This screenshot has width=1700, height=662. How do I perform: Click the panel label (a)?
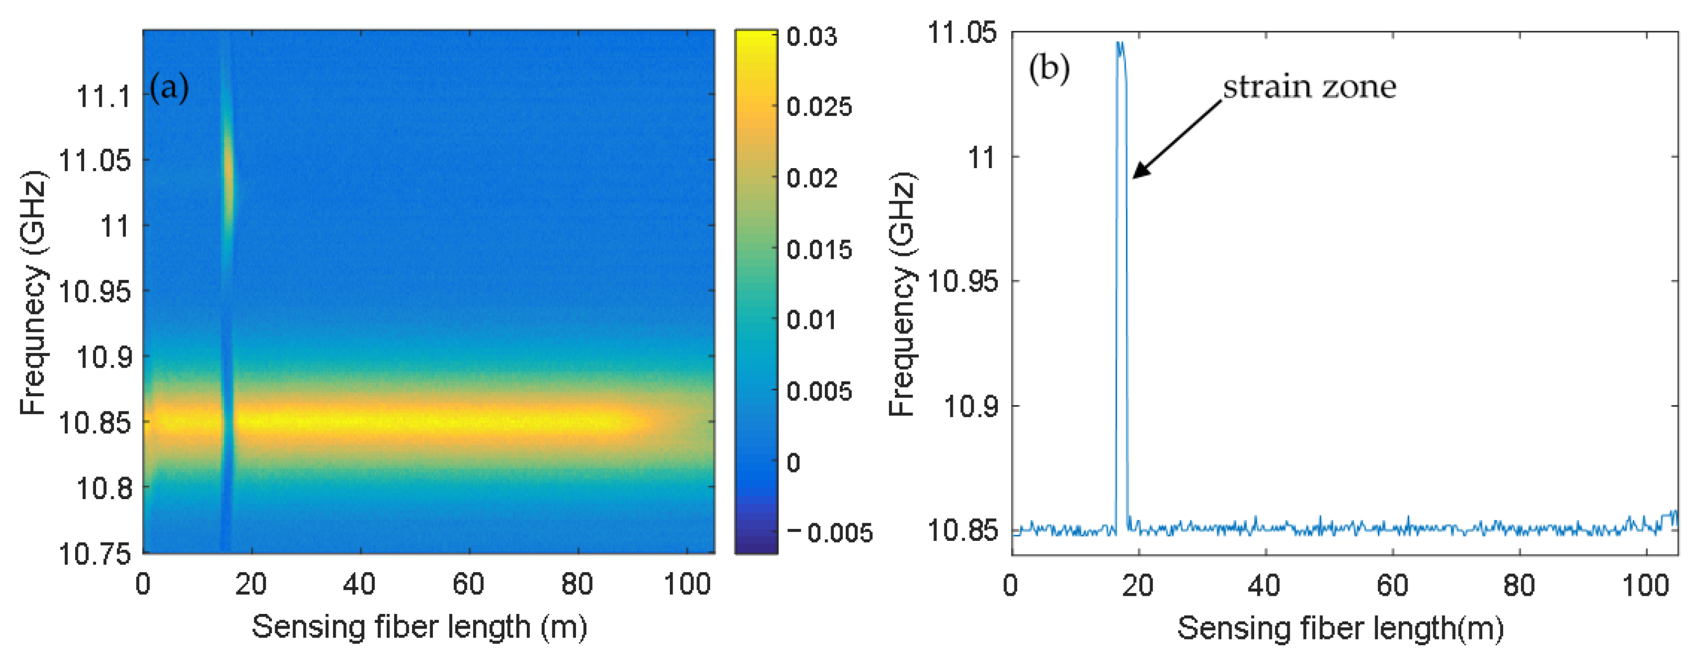[x=169, y=87]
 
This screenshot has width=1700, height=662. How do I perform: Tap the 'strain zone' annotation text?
[x=1309, y=87]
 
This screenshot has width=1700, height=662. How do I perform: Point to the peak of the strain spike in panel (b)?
[x=1119, y=45]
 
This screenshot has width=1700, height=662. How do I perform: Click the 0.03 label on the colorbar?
[x=812, y=37]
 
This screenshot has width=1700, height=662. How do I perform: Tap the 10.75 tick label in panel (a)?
[x=95, y=553]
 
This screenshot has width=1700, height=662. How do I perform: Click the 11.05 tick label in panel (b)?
[x=962, y=32]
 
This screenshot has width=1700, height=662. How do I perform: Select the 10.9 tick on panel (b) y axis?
[x=970, y=405]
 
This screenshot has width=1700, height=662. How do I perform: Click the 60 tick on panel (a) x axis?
[x=468, y=584]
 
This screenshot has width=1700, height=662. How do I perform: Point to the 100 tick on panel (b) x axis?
[x=1645, y=585]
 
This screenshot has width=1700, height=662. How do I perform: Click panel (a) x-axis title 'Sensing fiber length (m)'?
[x=419, y=626]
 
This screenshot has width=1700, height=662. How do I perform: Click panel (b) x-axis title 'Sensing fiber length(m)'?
[x=1340, y=628]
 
